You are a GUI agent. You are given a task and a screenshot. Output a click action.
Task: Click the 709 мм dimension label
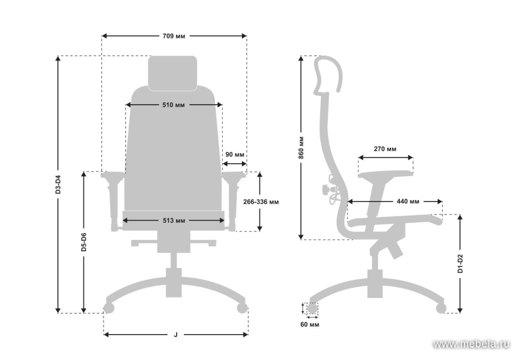coord(174,36)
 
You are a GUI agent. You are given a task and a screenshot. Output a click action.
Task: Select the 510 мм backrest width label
coord(174,105)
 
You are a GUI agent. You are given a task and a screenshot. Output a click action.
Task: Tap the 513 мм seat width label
coord(174,221)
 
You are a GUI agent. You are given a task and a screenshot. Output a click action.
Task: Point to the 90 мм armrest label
coord(235,154)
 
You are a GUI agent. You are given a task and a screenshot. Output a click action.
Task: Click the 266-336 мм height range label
coord(261,202)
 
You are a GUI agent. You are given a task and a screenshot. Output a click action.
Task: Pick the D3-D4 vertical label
coord(58,184)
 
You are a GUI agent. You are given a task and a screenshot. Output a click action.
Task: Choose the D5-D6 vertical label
coord(84,242)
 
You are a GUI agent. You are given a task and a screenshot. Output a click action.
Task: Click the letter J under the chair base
coord(176,335)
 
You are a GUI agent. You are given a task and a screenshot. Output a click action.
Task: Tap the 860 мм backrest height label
coord(301,148)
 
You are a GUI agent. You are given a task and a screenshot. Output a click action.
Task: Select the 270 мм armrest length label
coord(385,149)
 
